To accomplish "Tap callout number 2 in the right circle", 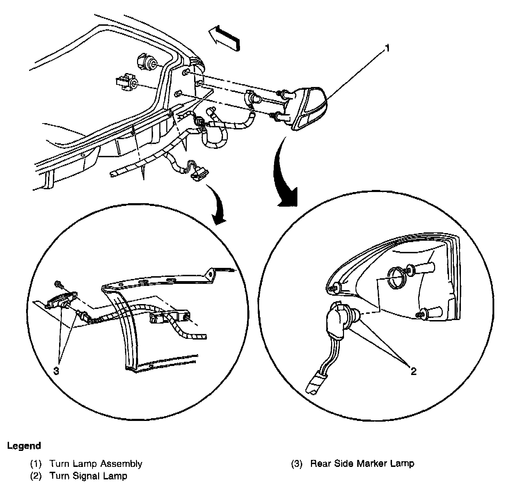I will click(413, 371).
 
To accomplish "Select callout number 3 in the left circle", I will click(56, 371).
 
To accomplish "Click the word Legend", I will click(24, 446).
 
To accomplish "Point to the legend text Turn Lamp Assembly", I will click(96, 464).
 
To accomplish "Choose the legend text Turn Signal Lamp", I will click(88, 476).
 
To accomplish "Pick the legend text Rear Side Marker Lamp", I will click(362, 464).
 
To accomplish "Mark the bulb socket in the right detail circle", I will click(339, 317).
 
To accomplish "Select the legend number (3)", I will click(297, 464).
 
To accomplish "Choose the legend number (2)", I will click(36, 476).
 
